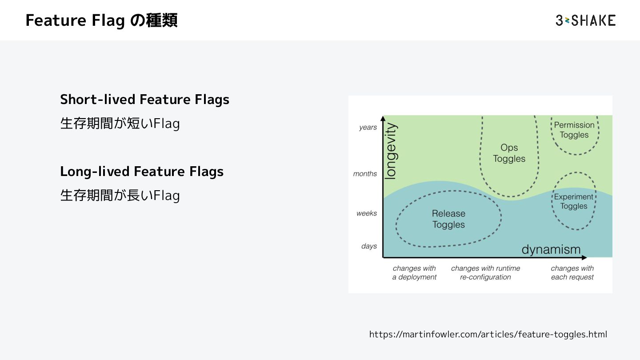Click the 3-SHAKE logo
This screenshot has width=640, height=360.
(x=585, y=20)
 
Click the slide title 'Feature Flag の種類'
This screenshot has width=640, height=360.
(x=101, y=20)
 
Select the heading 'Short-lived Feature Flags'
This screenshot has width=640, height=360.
(x=144, y=99)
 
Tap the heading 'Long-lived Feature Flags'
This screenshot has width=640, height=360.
(x=142, y=171)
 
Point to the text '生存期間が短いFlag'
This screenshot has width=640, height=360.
(x=120, y=124)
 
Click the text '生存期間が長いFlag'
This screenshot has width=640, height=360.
(x=120, y=196)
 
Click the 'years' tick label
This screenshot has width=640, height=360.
(x=368, y=128)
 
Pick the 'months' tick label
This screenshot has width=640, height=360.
(x=365, y=174)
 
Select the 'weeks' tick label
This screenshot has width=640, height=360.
(x=367, y=213)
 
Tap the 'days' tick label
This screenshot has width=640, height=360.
(x=369, y=246)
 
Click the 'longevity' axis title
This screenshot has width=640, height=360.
(x=391, y=152)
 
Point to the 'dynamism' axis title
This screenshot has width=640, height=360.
(x=551, y=249)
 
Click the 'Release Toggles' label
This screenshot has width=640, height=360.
(x=448, y=219)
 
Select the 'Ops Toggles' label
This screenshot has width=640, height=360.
(x=509, y=153)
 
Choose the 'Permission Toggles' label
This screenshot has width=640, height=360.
(x=574, y=130)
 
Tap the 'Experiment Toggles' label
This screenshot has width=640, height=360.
(x=574, y=201)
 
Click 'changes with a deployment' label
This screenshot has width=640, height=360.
(x=414, y=273)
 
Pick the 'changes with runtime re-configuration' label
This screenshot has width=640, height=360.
(x=485, y=273)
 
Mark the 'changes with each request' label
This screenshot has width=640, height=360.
(x=572, y=273)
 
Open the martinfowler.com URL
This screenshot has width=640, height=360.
(x=488, y=334)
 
